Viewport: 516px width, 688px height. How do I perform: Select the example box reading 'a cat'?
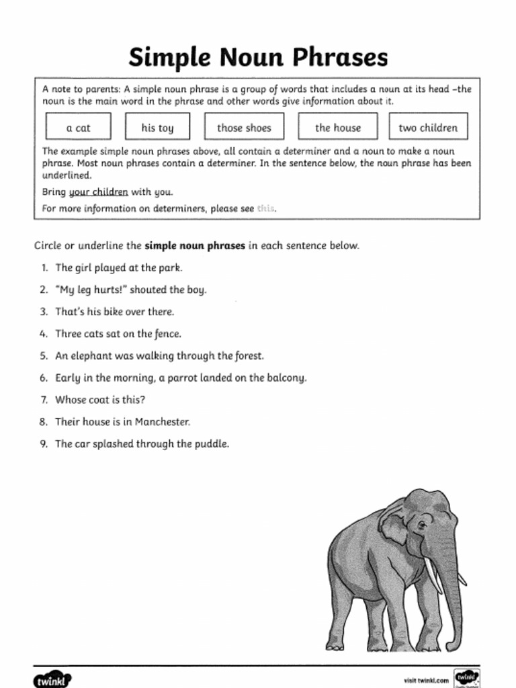[x=78, y=128]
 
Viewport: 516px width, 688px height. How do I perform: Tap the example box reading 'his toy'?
[x=157, y=128]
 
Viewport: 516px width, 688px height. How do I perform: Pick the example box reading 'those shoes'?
[x=244, y=128]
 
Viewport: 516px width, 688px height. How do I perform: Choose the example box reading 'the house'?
[x=338, y=128]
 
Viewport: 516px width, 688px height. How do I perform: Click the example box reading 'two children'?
[x=428, y=128]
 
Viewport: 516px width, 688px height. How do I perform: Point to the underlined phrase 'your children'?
[x=98, y=192]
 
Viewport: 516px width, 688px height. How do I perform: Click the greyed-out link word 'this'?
[x=265, y=209]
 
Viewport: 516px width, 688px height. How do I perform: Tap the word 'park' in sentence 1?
[x=170, y=267]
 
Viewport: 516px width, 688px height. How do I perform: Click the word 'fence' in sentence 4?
[x=168, y=334]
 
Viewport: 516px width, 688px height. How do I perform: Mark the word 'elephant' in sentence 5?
[x=93, y=356]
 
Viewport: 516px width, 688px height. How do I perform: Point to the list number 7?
[x=43, y=400]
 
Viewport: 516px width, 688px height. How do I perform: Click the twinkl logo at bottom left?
[x=52, y=679]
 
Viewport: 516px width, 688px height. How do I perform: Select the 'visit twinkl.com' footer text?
[x=426, y=681]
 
